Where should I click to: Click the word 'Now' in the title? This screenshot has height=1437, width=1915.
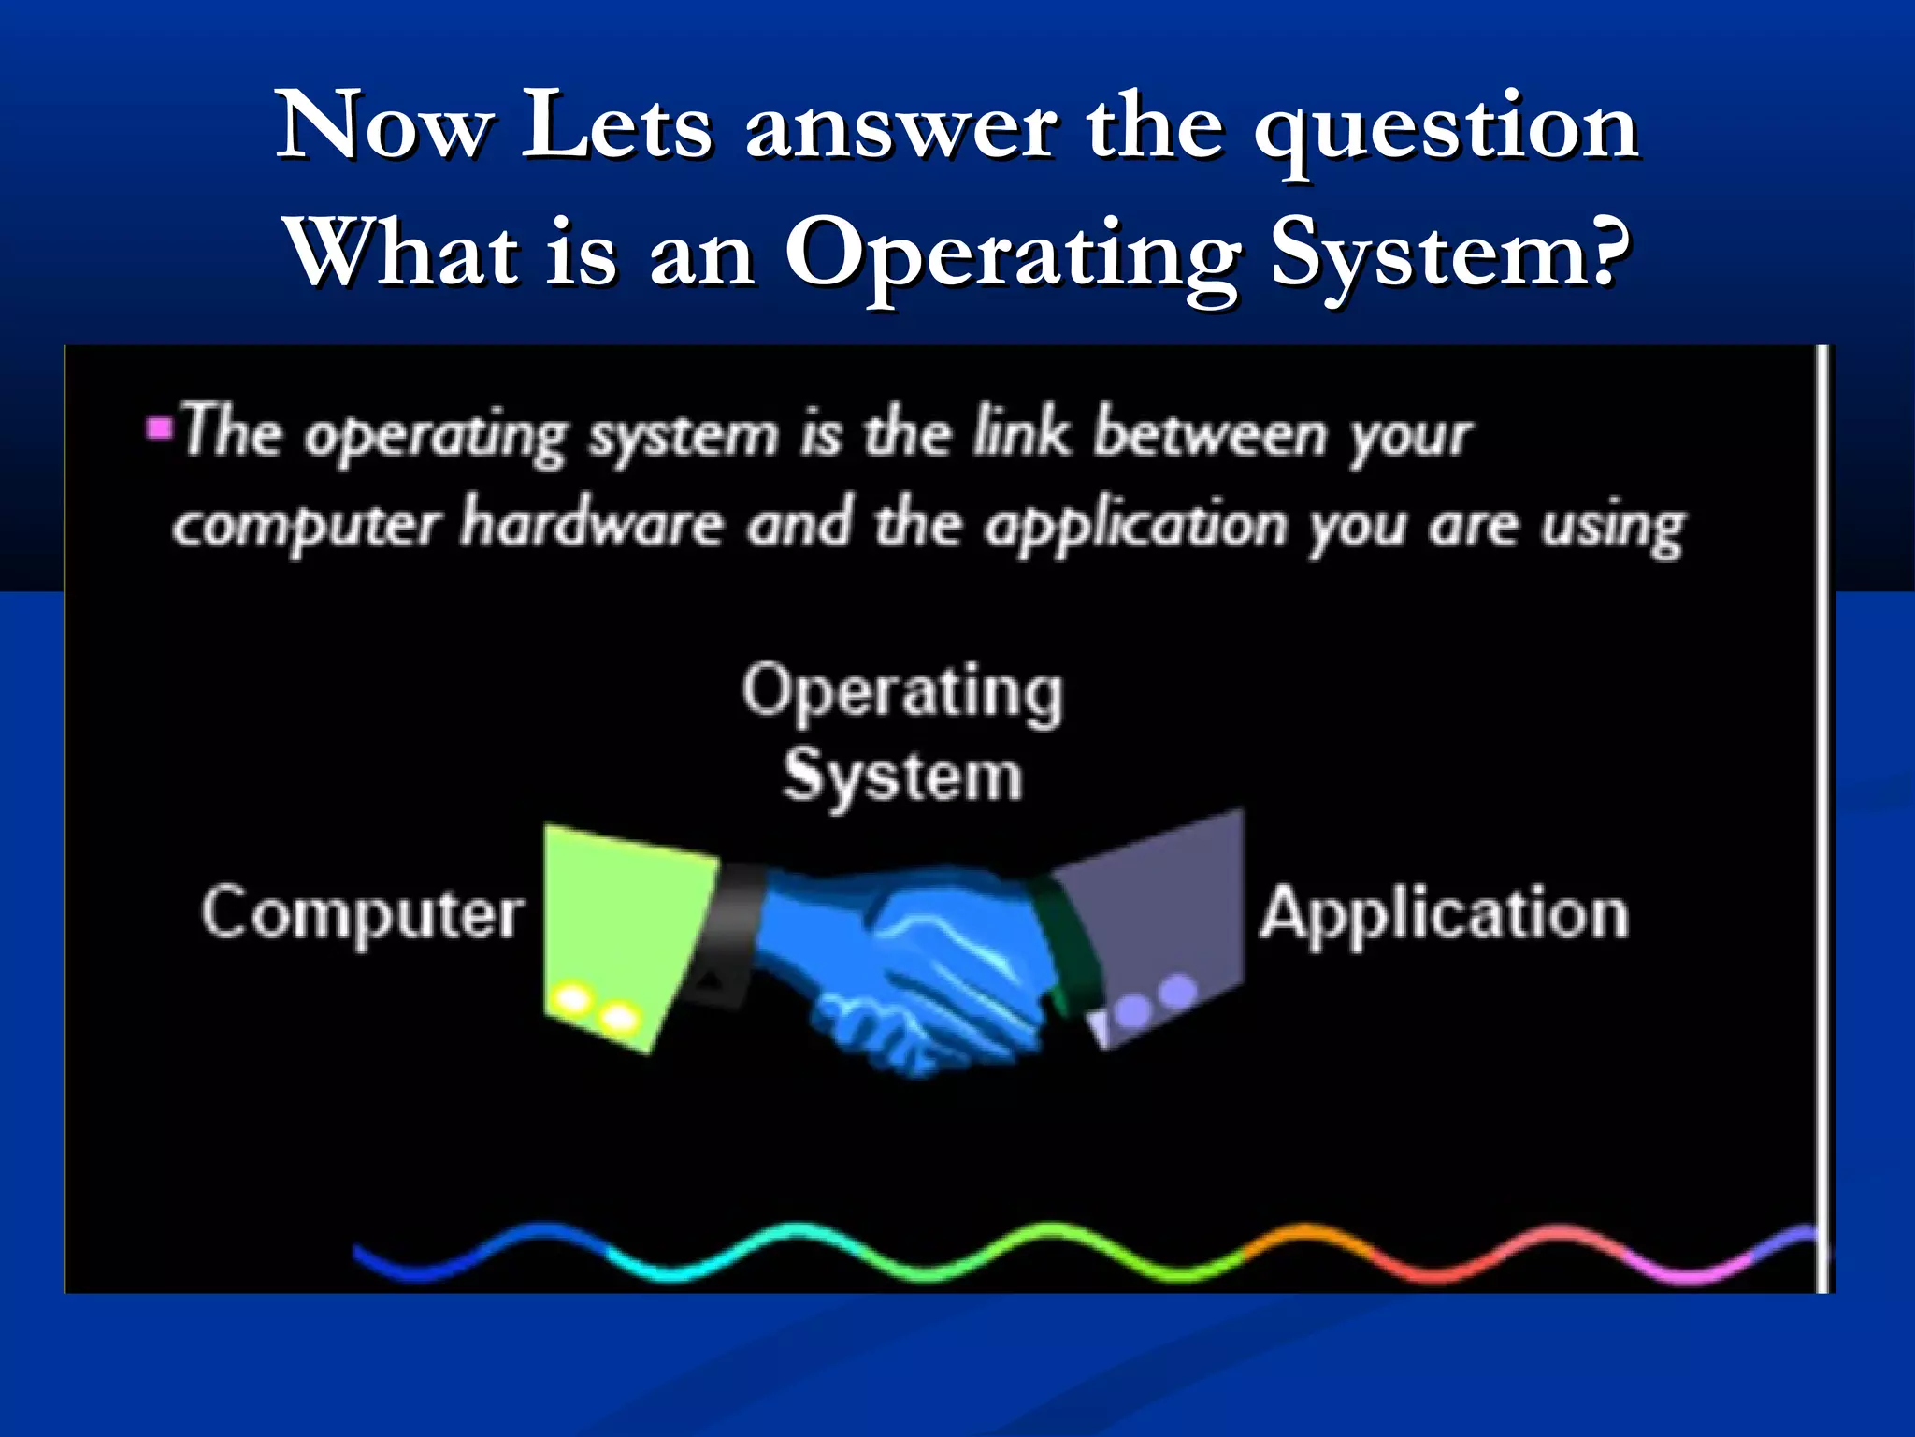point(383,126)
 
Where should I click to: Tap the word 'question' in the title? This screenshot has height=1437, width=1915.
point(1446,131)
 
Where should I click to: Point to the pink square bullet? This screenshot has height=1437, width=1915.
point(160,429)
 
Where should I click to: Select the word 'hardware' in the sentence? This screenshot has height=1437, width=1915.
point(591,524)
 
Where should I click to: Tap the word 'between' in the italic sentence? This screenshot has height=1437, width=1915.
point(1210,434)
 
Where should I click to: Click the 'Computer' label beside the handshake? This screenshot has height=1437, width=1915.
point(363,913)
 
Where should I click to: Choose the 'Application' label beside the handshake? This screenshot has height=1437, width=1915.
point(1445,913)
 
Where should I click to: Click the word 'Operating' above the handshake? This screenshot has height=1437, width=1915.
point(902,692)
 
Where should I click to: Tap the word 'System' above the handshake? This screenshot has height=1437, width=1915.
point(903,777)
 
